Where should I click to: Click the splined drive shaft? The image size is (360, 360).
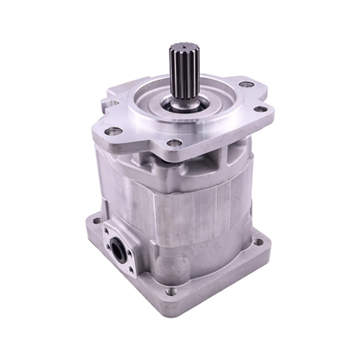184,70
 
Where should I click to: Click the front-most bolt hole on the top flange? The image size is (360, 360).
174,142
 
